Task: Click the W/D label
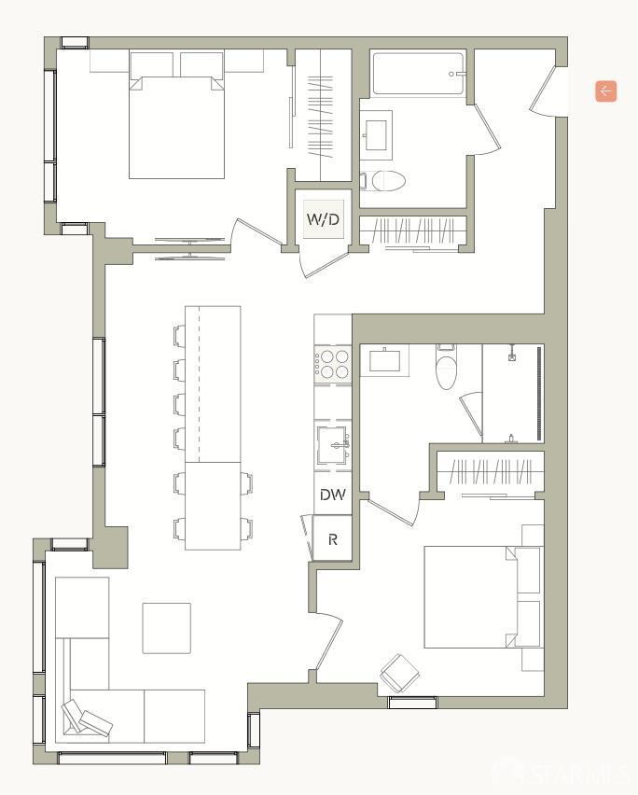point(323,219)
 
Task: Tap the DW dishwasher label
point(333,495)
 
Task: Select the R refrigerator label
point(333,539)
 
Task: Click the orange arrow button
point(606,91)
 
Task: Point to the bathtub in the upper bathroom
point(419,74)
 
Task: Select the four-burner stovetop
point(332,365)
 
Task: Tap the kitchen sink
point(333,446)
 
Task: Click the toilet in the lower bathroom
point(446,367)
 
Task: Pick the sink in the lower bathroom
point(384,360)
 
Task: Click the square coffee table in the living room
point(167,628)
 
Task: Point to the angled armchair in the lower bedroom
point(400,674)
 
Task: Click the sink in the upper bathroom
point(376,135)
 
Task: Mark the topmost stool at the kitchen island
point(180,336)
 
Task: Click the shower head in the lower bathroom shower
point(512,354)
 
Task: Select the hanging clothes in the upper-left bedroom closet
point(320,117)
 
